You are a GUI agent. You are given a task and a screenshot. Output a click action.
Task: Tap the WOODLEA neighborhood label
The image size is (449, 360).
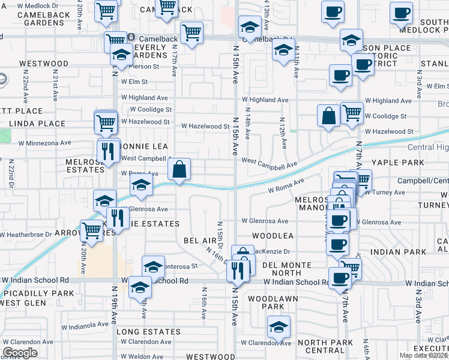(x=272, y=236)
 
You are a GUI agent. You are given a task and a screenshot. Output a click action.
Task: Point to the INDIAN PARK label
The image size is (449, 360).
(x=393, y=253)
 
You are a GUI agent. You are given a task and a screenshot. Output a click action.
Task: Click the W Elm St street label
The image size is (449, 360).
(x=134, y=82)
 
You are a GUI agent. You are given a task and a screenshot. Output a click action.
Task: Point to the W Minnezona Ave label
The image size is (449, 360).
(x=44, y=143)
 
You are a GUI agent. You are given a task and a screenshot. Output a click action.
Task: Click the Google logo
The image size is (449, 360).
(x=20, y=353)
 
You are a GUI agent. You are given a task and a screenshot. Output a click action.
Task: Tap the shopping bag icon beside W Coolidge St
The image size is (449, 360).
(x=329, y=116)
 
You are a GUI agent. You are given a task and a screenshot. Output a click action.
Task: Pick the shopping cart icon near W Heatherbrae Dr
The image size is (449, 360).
(x=92, y=230)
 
